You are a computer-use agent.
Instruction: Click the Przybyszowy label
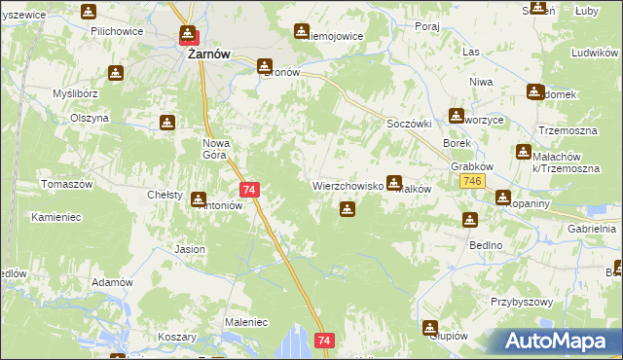coord(522,303)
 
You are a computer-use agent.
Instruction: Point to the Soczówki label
coord(409,126)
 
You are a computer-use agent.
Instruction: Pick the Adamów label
coord(111,282)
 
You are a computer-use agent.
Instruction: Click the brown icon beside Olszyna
coord(166,123)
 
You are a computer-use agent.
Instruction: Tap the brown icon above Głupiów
coord(429,327)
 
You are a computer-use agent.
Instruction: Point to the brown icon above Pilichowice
coord(89,12)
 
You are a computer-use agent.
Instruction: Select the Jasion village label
coord(190,249)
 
